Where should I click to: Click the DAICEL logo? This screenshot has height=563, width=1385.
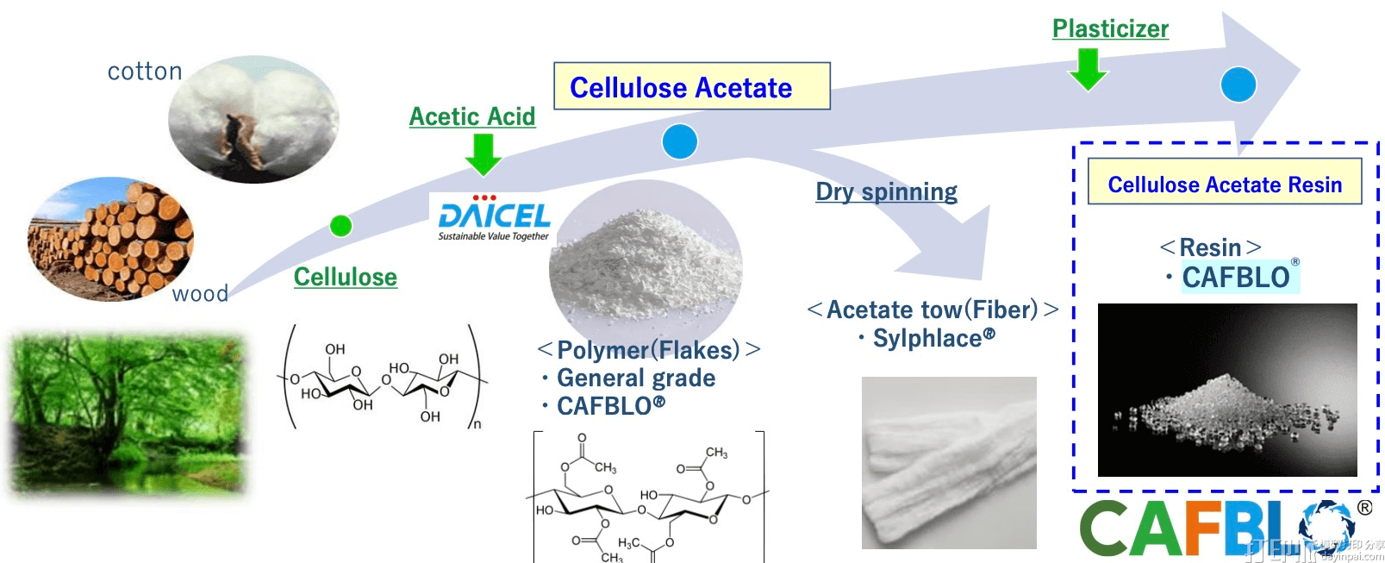tap(493, 217)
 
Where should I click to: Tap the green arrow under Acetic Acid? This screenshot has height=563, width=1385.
tap(483, 154)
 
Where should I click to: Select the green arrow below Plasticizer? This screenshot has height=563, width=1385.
tap(1088, 69)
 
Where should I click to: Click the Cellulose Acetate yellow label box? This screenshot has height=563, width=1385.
tap(691, 86)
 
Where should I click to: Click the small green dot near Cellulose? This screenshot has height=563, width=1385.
tap(341, 226)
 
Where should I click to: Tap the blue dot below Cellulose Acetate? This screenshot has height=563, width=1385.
tap(679, 141)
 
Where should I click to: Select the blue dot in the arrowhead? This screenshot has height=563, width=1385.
tap(1238, 84)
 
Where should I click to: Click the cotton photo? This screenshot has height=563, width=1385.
tap(253, 119)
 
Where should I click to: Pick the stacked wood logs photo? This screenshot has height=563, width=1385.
tap(110, 239)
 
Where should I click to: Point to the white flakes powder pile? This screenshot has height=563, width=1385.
tap(645, 263)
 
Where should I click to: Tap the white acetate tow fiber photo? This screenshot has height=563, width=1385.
tap(948, 462)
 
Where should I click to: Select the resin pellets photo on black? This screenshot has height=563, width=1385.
tap(1226, 390)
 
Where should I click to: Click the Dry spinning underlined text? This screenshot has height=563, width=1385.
tap(886, 191)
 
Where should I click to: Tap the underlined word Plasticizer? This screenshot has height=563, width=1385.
tap(1110, 28)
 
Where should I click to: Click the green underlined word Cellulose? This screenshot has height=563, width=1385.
tap(345, 277)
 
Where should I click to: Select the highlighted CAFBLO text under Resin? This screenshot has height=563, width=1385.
tap(1237, 278)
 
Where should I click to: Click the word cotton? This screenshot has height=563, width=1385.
tap(145, 71)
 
